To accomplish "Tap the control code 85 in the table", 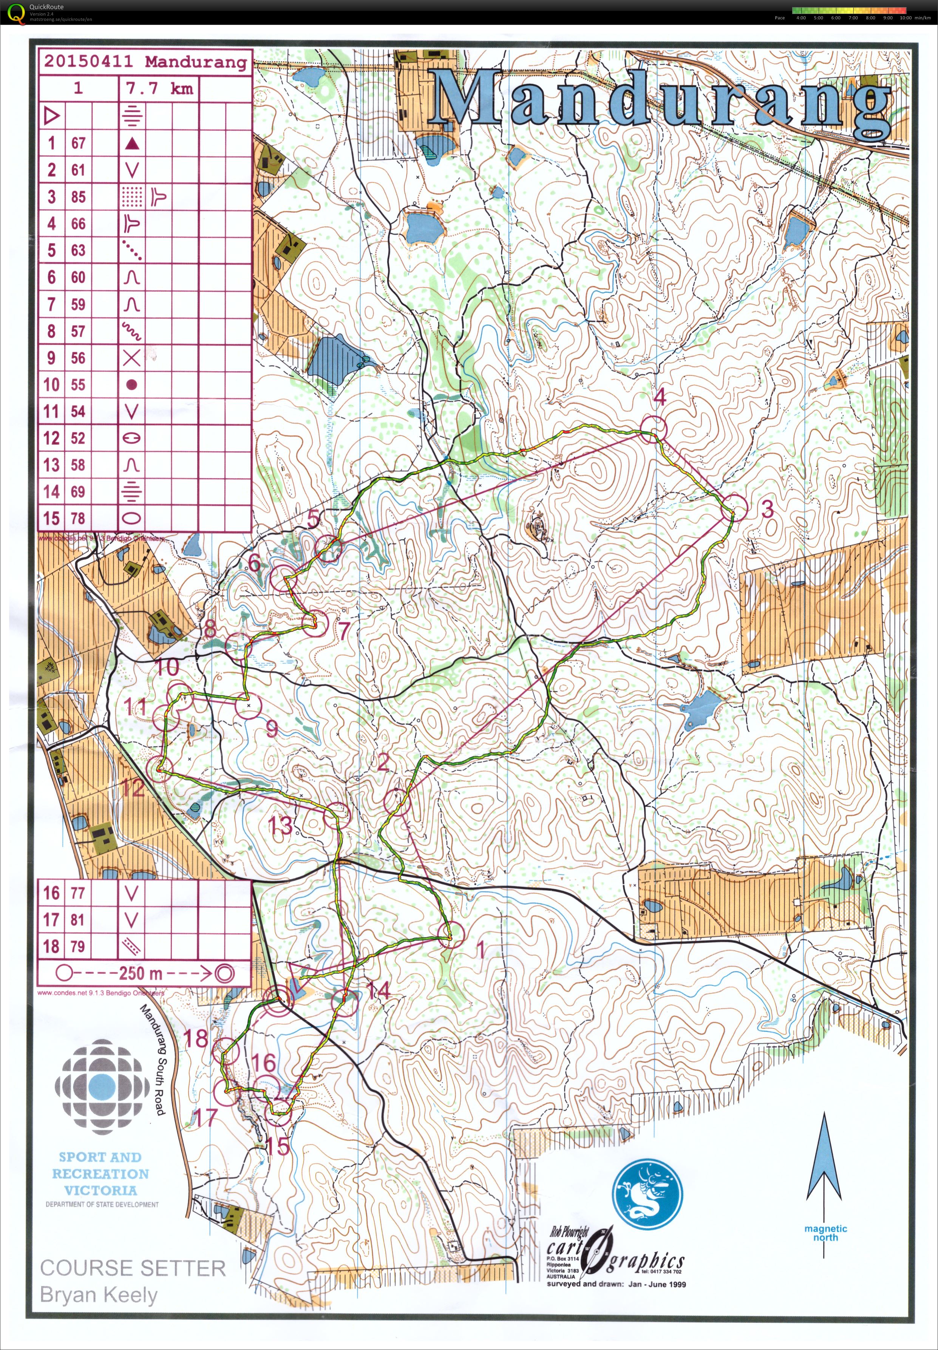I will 78,197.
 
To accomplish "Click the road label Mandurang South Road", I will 153,1058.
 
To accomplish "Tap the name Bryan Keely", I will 98,1295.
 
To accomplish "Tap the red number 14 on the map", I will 378,990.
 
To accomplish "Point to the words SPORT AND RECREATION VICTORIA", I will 100,1173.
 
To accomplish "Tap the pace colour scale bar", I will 849,10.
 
